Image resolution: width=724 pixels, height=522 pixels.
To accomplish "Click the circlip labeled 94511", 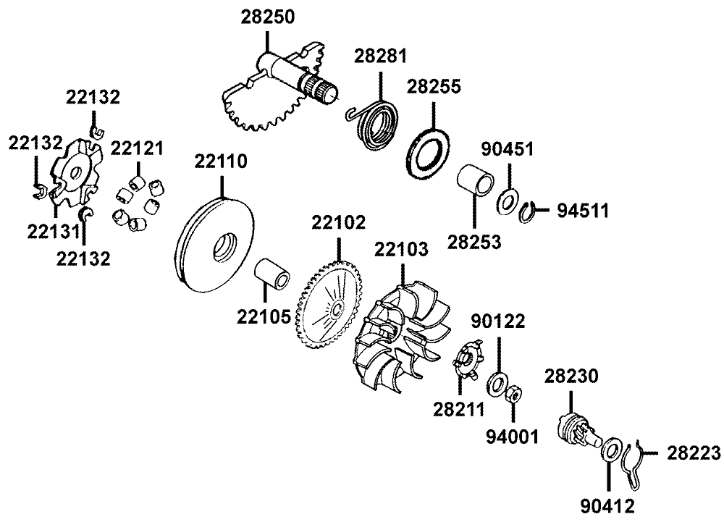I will [x=532, y=211].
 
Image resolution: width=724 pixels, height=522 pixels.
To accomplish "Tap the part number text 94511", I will [x=582, y=211].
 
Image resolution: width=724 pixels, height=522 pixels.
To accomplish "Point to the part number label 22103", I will [x=401, y=251].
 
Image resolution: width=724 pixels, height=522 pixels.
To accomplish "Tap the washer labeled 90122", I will [x=498, y=381].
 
